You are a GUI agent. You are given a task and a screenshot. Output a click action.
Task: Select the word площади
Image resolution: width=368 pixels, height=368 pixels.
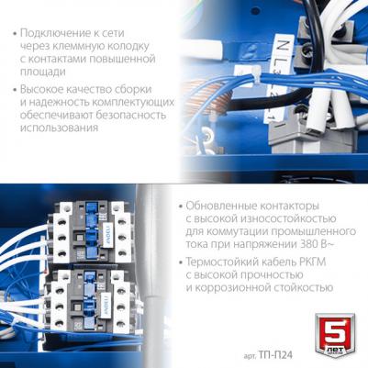[42, 72]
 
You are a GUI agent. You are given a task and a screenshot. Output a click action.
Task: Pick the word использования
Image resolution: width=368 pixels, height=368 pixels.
[59, 128]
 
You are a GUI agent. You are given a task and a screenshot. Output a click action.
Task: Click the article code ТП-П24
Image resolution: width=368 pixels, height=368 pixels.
[275, 355]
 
